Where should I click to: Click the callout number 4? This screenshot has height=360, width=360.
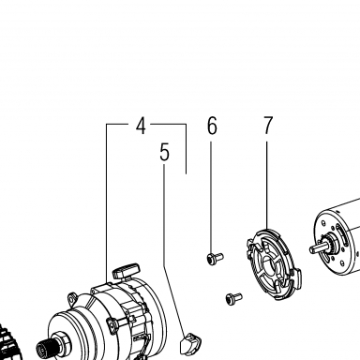click(142, 126)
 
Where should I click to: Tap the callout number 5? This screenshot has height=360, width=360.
click(164, 152)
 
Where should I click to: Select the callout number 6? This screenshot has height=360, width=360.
click(212, 126)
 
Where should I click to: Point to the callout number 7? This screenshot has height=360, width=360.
click(268, 126)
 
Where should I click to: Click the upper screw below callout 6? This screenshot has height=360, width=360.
click(215, 258)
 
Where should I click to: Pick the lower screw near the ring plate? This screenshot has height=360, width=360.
click(233, 298)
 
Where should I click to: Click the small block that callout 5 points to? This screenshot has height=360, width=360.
click(190, 343)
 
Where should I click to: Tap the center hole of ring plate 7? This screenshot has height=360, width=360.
click(269, 265)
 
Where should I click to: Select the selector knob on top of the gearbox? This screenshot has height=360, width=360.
click(127, 271)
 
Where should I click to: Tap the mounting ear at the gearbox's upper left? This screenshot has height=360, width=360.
click(73, 298)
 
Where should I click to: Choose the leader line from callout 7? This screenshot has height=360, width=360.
click(267, 186)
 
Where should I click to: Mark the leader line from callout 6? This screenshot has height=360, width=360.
click(211, 198)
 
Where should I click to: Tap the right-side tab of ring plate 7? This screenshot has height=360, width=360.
click(297, 278)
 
